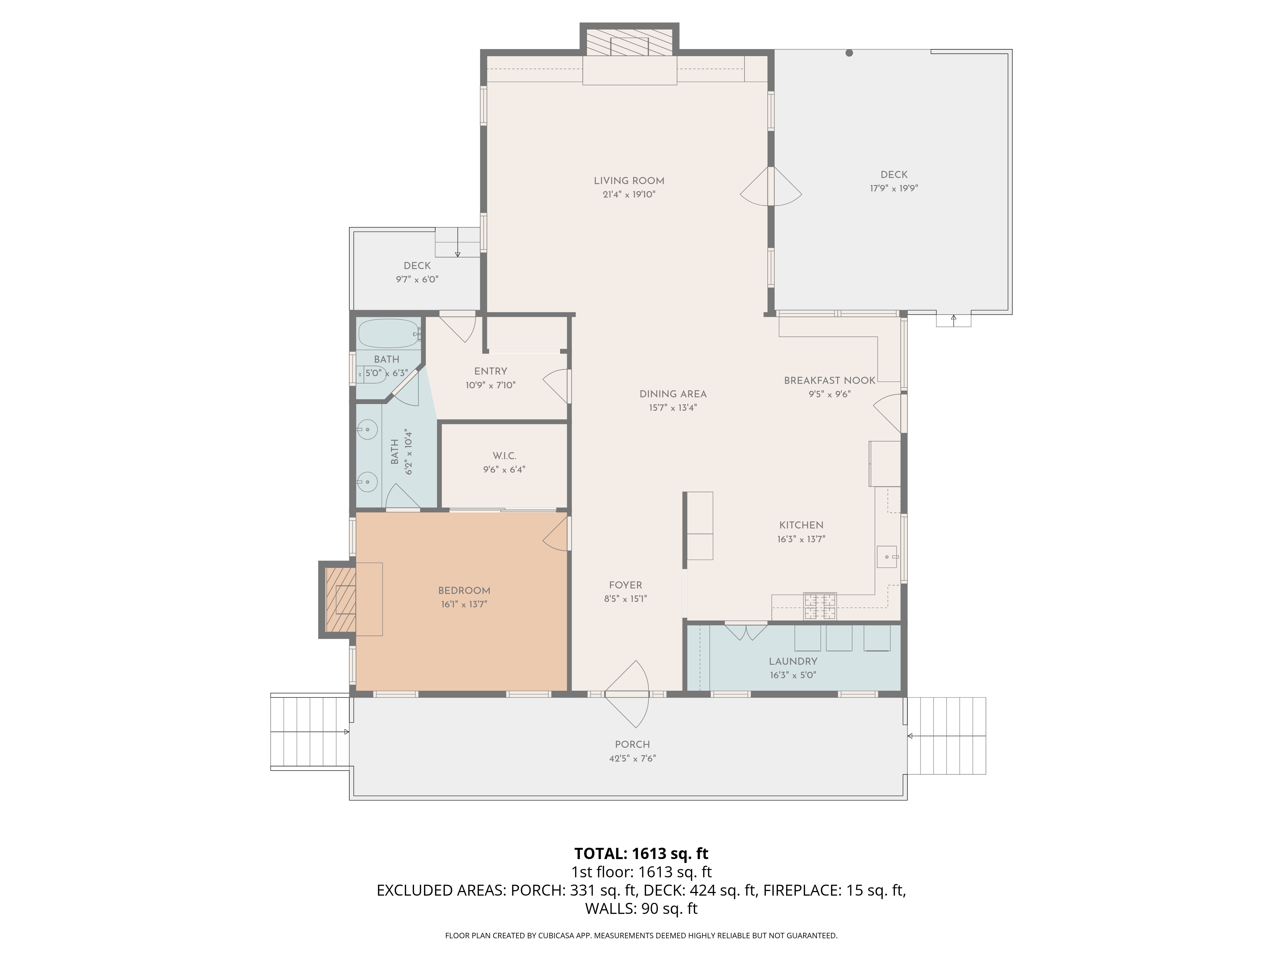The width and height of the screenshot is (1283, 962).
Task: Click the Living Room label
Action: (629, 181)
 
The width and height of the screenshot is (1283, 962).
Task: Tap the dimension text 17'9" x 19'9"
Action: (893, 189)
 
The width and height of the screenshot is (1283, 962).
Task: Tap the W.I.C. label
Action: (504, 456)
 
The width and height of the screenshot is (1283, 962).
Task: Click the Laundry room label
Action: (793, 662)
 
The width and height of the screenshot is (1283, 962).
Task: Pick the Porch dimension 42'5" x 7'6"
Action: (632, 758)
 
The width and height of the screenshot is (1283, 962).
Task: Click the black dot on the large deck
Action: (849, 53)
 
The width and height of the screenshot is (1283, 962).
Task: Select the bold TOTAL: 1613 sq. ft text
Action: (641, 854)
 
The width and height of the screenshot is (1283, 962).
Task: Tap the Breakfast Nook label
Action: (829, 380)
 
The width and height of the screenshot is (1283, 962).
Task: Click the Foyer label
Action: (625, 585)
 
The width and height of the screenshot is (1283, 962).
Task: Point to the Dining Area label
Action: (673, 394)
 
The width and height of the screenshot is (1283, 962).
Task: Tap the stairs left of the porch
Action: (309, 732)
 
